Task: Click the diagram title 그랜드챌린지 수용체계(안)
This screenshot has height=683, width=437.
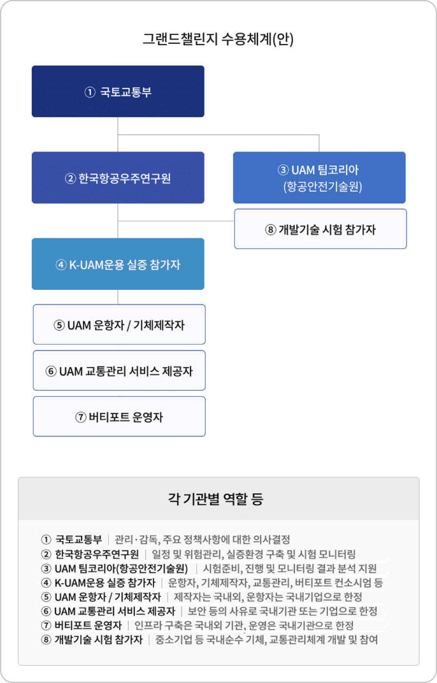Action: click(218, 40)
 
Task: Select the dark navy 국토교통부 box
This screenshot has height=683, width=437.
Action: click(118, 92)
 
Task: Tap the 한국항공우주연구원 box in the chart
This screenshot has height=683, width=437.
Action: click(118, 178)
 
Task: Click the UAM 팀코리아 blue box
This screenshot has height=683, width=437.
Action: click(319, 178)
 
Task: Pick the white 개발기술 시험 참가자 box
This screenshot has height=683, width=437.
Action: click(320, 229)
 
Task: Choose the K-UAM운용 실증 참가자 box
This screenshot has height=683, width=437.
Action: click(118, 264)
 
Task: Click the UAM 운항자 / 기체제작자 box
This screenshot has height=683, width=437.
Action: click(119, 324)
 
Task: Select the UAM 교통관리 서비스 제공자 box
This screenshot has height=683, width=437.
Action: click(119, 371)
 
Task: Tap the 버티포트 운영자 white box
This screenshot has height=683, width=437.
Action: click(119, 417)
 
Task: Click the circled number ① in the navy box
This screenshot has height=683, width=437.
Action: click(90, 92)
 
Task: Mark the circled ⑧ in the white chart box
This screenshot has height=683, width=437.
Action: click(271, 229)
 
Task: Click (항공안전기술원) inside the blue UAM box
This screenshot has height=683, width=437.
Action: click(323, 187)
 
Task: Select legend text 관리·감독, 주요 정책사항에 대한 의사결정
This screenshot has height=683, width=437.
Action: click(202, 540)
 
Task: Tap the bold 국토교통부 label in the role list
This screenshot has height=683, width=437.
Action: click(78, 540)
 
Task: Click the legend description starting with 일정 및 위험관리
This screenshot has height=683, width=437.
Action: click(254, 554)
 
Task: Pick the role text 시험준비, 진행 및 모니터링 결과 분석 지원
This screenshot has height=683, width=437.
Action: click(290, 568)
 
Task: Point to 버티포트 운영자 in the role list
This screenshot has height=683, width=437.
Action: click(88, 626)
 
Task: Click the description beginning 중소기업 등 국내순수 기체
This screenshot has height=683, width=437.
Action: click(267, 640)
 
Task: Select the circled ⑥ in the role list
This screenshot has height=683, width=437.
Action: click(46, 612)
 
